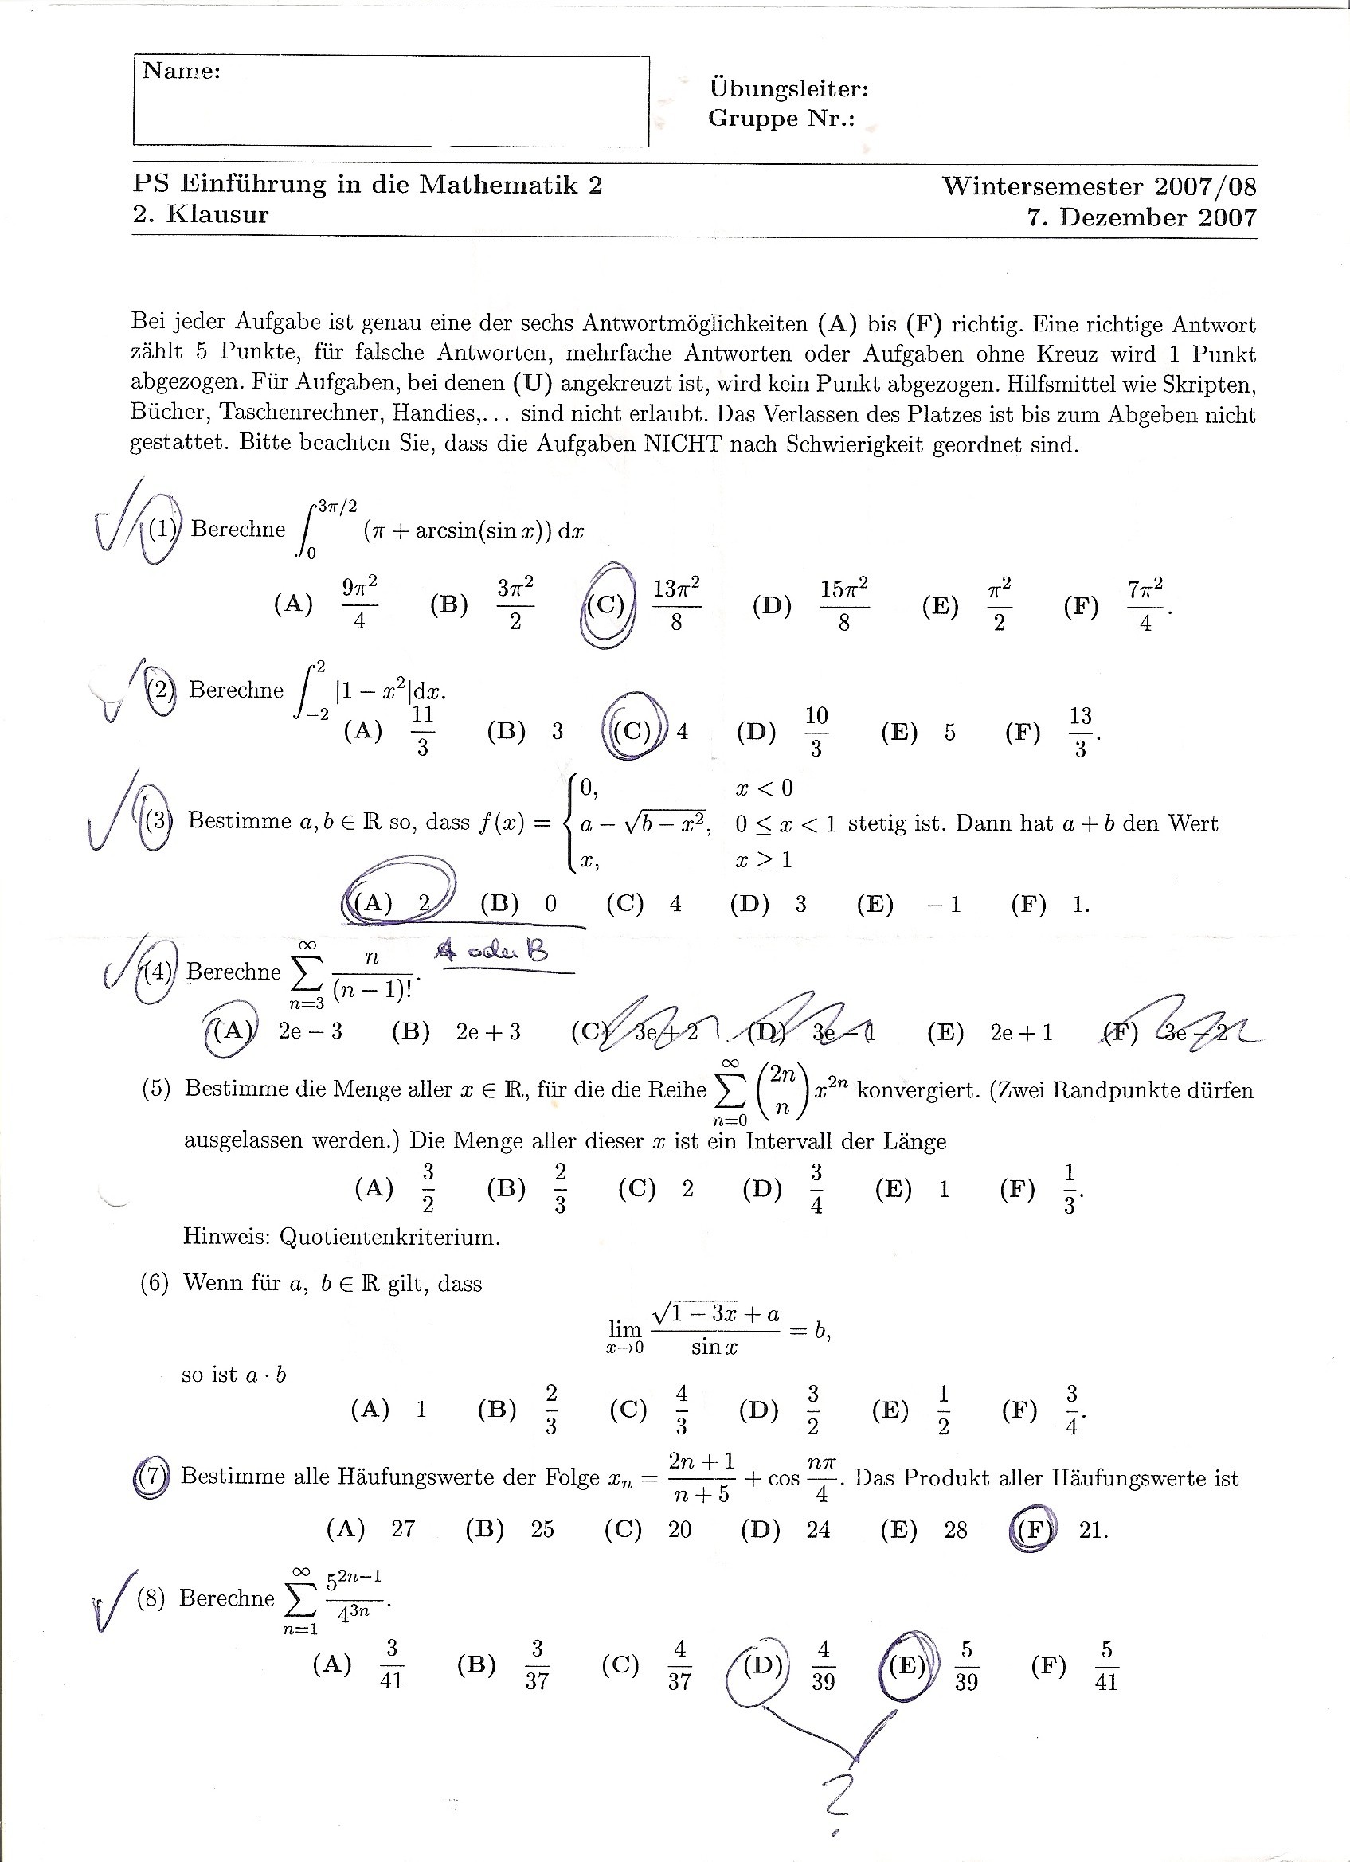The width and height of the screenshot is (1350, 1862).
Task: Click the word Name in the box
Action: point(181,72)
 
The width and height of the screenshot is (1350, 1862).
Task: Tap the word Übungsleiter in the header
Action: point(788,88)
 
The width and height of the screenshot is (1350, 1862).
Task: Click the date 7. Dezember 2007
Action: point(1141,217)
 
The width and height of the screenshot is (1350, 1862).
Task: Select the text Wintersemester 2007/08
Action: point(1099,186)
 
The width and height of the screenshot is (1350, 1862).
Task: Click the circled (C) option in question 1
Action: point(606,605)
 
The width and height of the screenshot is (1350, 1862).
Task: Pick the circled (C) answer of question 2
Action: point(632,730)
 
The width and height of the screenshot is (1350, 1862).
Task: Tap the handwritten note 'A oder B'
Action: point(492,953)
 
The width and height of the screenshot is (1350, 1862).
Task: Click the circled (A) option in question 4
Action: point(229,1031)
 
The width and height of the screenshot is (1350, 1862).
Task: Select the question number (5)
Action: point(156,1089)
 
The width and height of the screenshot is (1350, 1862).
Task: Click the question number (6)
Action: point(155,1283)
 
